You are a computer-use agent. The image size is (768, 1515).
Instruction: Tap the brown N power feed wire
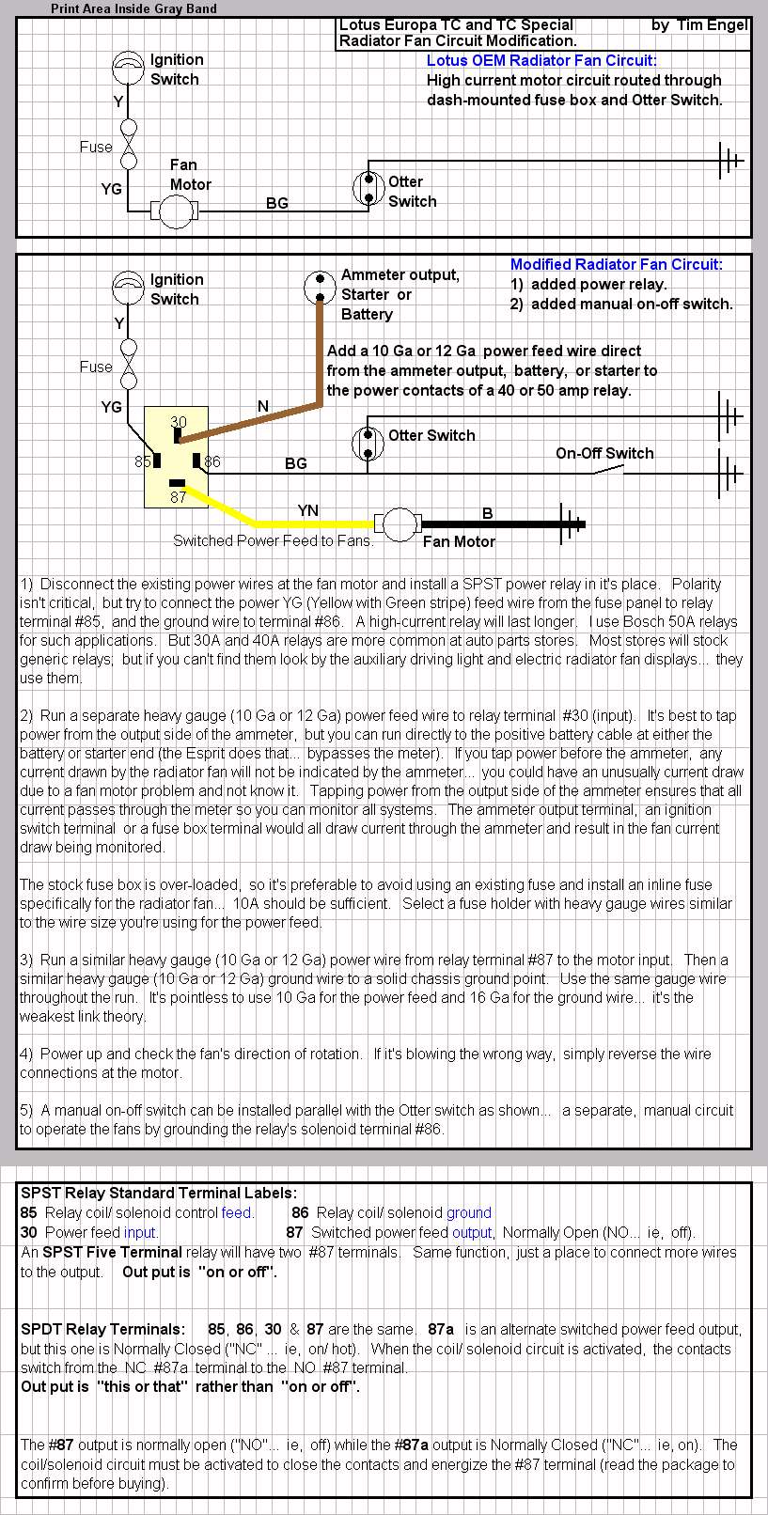coord(263,418)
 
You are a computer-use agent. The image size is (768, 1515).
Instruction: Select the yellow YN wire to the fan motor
coord(310,523)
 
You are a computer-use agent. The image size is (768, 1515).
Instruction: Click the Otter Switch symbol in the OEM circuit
coord(368,188)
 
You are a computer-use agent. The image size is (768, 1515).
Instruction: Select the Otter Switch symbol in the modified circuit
coord(368,442)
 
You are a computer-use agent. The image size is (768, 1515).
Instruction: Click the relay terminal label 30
coord(179,422)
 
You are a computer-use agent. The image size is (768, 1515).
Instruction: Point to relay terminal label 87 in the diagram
coord(178,497)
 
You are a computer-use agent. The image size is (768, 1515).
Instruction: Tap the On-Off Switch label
coord(604,453)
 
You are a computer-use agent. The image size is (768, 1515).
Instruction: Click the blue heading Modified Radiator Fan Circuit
coord(617,265)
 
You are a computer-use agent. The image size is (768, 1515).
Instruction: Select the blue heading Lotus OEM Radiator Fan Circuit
coord(541,61)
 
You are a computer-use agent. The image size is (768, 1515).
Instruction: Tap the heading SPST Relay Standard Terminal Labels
coord(159,1194)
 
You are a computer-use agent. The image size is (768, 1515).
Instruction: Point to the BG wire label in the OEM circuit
coord(277,203)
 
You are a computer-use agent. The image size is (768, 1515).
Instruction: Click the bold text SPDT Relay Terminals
coord(102,1329)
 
